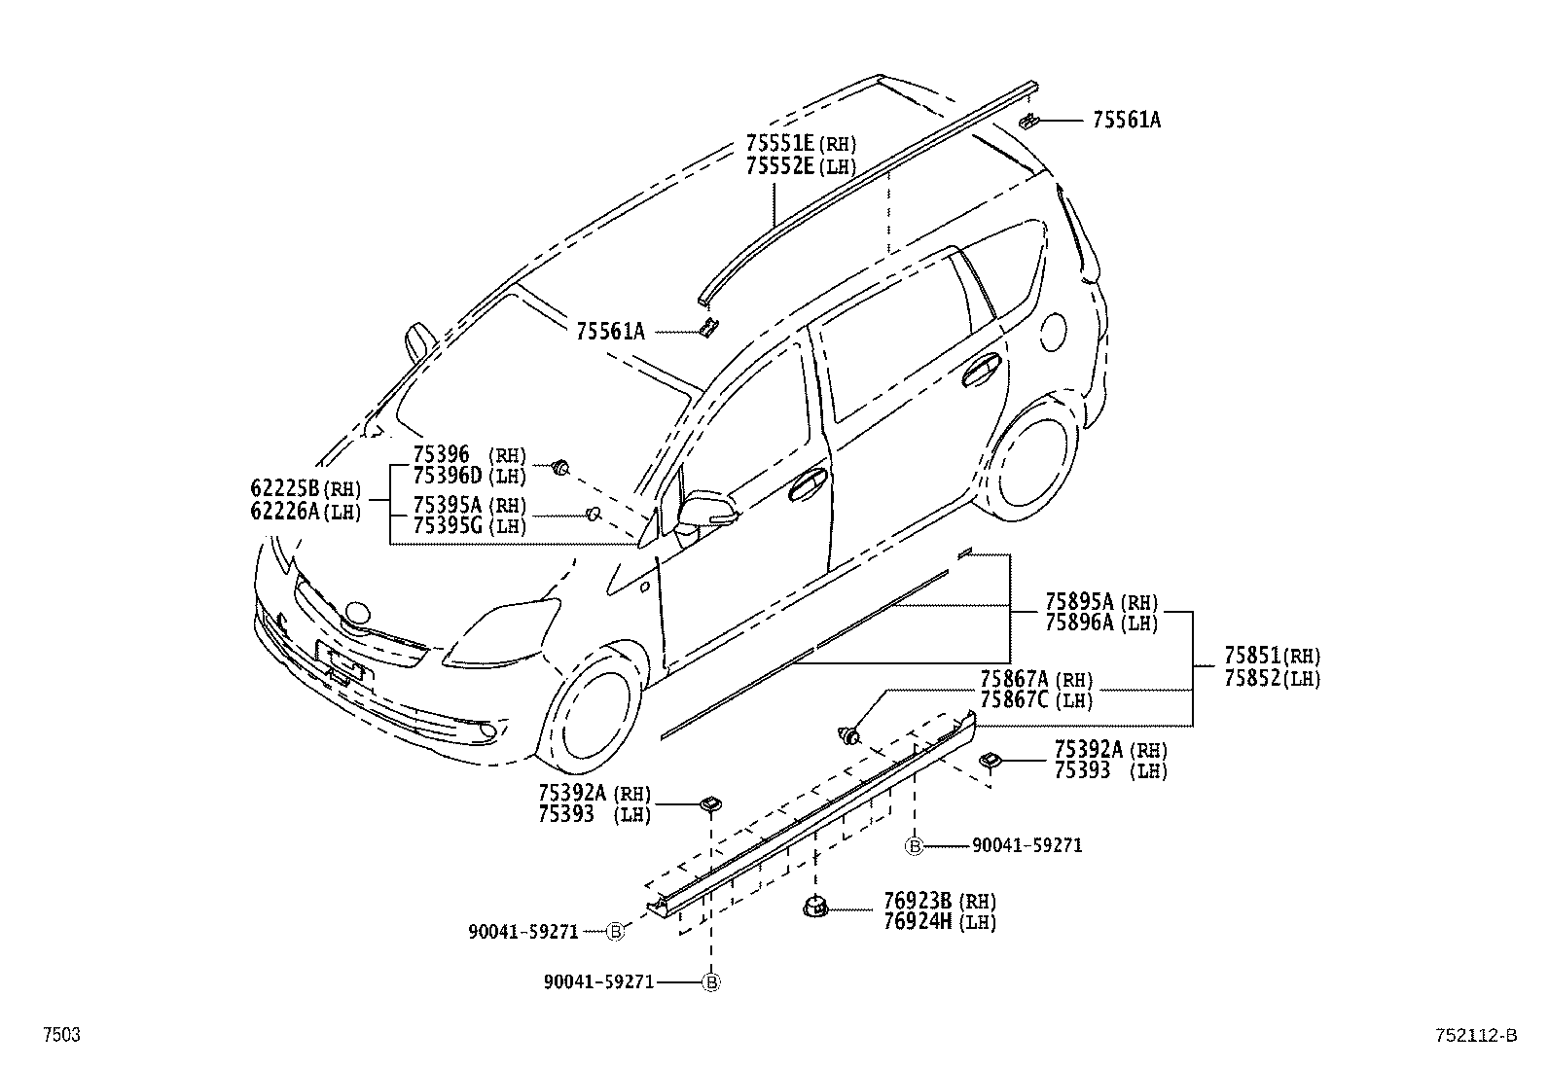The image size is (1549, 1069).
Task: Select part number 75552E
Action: (x=780, y=165)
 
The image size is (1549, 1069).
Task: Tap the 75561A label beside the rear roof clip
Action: (x=1126, y=120)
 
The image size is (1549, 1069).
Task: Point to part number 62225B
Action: (x=285, y=487)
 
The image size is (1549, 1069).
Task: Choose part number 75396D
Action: (x=448, y=476)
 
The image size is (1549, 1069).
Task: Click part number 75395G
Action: (x=448, y=526)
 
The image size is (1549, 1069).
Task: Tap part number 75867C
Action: (x=1015, y=699)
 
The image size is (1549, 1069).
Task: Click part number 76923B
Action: (x=918, y=901)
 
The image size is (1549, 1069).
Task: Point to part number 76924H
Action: (x=918, y=921)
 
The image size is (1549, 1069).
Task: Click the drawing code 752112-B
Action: (x=1474, y=1036)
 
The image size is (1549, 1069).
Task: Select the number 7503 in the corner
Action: (x=60, y=1036)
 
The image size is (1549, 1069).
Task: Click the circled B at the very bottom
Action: (x=711, y=982)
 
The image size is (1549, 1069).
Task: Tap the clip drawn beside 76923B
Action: (x=813, y=908)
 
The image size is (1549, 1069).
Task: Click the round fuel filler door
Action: (x=1053, y=334)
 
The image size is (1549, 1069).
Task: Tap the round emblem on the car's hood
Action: (x=357, y=613)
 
